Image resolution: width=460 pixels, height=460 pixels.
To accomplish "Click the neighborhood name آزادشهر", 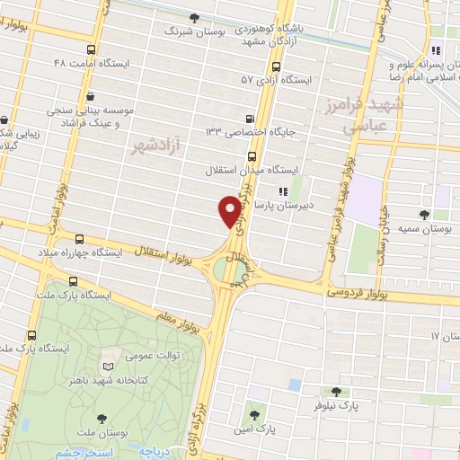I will [154, 145].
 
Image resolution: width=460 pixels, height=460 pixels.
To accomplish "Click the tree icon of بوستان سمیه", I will [424, 214].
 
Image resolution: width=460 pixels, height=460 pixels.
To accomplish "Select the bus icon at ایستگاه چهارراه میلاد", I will [81, 239].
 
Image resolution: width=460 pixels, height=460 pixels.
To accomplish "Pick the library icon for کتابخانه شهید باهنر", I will [110, 367].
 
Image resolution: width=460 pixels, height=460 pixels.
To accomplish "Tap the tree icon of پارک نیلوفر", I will [336, 392].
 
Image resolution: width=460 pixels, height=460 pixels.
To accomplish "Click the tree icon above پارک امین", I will [255, 415].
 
